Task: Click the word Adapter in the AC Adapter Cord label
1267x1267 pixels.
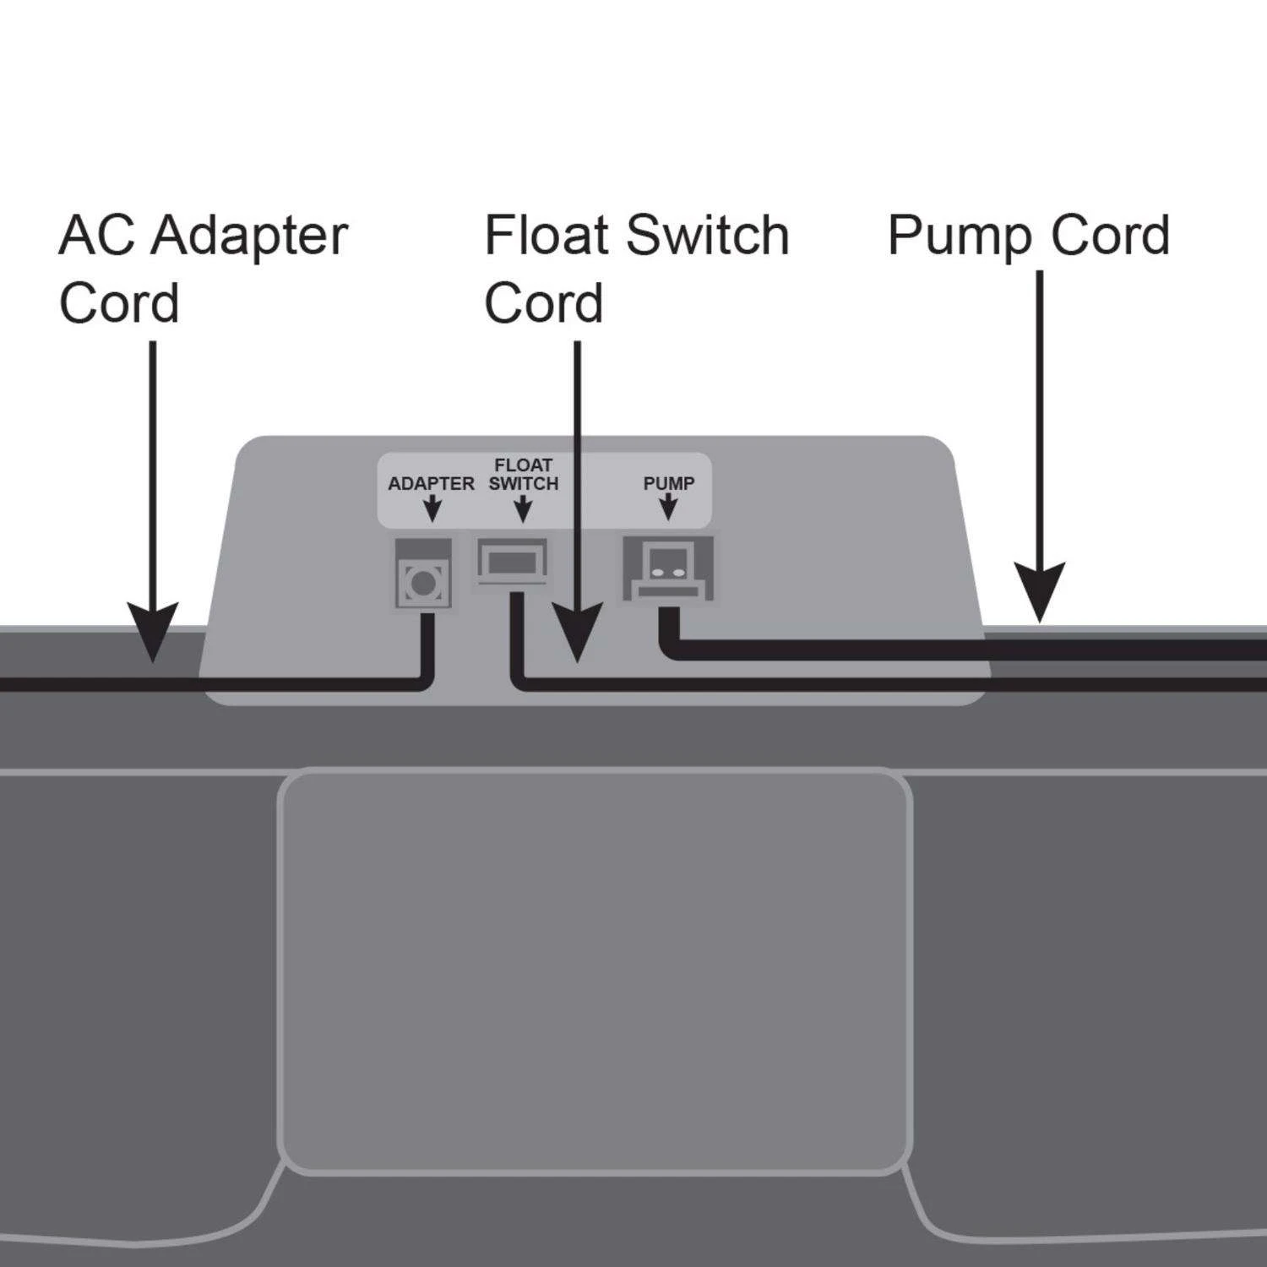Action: [x=252, y=237]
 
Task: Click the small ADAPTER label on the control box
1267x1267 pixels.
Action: [x=431, y=484]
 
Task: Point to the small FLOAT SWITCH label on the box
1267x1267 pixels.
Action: [x=524, y=475]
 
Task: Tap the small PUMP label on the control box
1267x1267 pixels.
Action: [x=668, y=484]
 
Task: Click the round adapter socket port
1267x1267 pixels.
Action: [x=422, y=582]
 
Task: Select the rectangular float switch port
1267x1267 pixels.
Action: [x=513, y=561]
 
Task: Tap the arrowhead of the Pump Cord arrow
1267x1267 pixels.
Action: [x=1039, y=591]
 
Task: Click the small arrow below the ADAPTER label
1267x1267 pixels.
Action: [x=432, y=509]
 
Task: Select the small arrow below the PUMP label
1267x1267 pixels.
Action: [x=668, y=508]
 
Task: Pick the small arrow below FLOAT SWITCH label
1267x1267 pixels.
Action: [x=523, y=509]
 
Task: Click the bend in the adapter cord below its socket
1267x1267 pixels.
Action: [x=425, y=681]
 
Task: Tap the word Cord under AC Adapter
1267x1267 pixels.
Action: [x=119, y=304]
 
